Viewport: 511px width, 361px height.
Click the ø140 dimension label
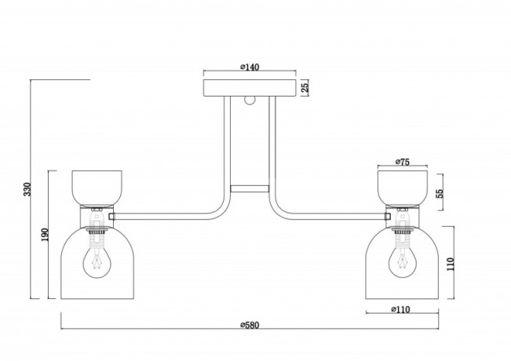point(250,67)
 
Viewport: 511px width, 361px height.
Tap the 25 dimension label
point(305,88)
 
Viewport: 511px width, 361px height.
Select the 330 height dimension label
point(27,189)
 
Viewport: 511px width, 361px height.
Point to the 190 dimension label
point(45,235)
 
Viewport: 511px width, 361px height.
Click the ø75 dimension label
point(403,162)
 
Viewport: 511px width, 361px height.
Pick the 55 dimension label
point(440,193)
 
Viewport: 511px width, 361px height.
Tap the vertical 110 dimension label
point(450,264)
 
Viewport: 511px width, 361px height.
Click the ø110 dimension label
point(401,309)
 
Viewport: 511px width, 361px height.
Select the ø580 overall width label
point(250,325)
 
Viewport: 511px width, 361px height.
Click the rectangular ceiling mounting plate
point(250,88)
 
